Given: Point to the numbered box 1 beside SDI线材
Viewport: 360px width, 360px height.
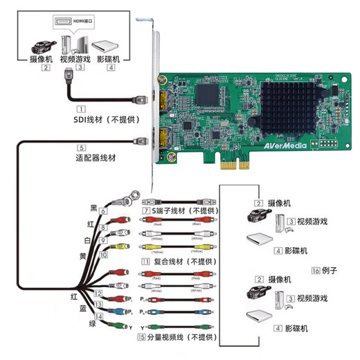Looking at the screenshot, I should pyautogui.click(x=81, y=109).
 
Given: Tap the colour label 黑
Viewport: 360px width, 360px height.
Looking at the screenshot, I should pyautogui.click(x=92, y=207).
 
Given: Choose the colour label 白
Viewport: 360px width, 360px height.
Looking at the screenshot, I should pyautogui.click(x=89, y=240).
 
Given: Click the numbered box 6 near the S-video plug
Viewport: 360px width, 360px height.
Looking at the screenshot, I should pyautogui.click(x=103, y=210).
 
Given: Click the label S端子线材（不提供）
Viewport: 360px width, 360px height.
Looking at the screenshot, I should pyautogui.click(x=183, y=210).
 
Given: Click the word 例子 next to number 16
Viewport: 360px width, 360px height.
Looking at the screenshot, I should pyautogui.click(x=330, y=271).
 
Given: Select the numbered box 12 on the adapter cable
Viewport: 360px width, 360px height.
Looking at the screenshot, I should pyautogui.click(x=99, y=294).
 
